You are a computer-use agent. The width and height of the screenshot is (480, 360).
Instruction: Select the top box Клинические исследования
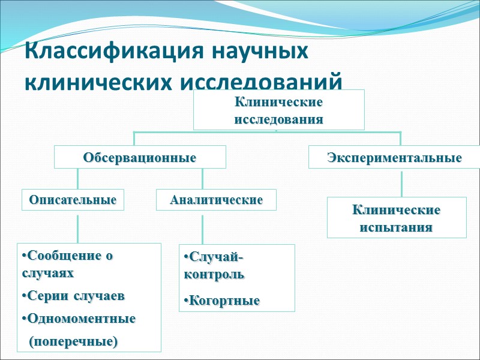point(278,110)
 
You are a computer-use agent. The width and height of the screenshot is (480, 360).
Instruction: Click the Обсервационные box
point(140,158)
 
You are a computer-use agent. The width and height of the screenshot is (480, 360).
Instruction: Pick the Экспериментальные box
point(394,158)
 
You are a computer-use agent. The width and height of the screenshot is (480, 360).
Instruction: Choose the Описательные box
point(73,200)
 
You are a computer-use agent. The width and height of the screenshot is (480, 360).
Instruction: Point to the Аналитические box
point(216,200)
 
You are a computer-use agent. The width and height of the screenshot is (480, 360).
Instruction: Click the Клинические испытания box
point(396,218)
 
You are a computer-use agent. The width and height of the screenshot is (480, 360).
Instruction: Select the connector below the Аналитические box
point(202,227)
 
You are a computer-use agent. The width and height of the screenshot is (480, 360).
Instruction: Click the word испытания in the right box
point(396,228)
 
